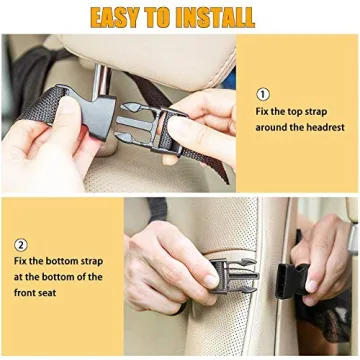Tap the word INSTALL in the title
point(216,17)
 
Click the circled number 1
point(263,93)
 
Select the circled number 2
point(21,244)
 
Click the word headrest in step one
point(321,127)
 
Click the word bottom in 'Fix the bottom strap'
point(66,262)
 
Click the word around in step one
point(277,127)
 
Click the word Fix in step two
point(22,262)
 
